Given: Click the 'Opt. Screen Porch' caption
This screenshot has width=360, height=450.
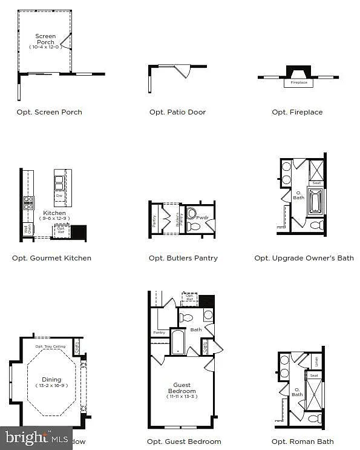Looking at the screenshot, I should (49, 112).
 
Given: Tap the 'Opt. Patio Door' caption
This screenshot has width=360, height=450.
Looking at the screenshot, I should (177, 112).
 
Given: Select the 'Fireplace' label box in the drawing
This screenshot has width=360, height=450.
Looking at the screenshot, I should (299, 82).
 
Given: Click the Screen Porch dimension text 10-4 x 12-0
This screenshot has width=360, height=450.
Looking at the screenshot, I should (45, 47).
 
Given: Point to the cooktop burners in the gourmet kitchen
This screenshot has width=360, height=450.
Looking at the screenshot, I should (28, 202).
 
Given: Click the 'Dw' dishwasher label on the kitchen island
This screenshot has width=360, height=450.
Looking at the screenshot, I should (59, 196).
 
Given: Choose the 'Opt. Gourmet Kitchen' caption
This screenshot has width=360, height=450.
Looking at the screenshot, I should (51, 258).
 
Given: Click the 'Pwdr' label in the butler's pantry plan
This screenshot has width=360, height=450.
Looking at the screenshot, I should (202, 217).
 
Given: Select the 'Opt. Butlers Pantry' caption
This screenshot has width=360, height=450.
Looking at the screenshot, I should (183, 258).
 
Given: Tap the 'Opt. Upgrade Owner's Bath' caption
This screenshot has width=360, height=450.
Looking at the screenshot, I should (304, 258).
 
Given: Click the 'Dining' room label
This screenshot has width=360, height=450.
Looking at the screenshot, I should (51, 380).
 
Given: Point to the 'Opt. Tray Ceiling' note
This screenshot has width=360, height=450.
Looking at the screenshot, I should (50, 346).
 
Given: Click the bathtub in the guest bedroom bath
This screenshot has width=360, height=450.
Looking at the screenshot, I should (177, 342).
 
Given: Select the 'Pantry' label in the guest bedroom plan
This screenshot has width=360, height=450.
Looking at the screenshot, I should (159, 333).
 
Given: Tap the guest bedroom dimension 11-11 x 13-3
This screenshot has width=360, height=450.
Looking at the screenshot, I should (182, 397).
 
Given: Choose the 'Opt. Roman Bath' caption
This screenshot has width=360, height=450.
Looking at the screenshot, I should (303, 442).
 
